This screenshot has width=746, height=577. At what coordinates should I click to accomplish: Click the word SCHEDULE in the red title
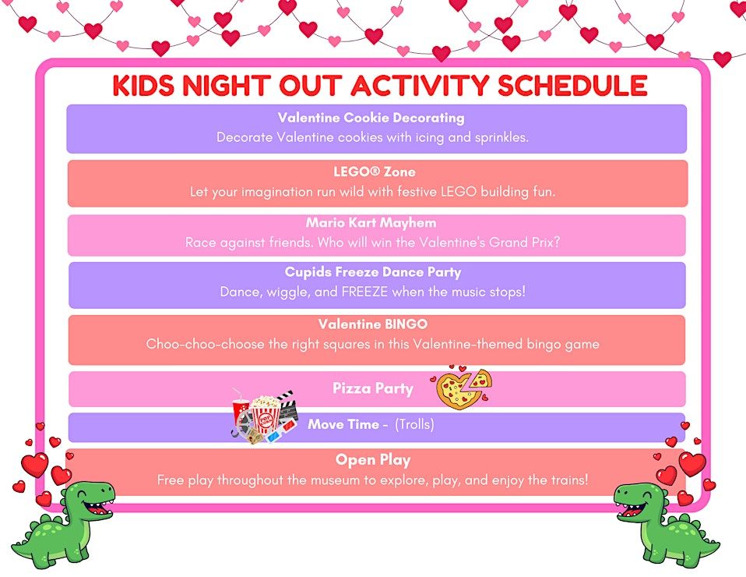pos(572,85)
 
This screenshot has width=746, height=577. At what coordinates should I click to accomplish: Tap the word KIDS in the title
pos(143,85)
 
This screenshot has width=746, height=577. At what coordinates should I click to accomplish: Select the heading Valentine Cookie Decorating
pos(371,118)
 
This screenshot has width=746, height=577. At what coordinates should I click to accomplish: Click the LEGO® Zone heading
pos(375,172)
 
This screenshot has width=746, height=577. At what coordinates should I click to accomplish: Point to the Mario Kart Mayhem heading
pos(371,222)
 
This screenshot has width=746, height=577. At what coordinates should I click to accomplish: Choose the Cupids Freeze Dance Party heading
pos(373,272)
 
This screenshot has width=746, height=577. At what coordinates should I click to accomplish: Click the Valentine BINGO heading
pos(373,324)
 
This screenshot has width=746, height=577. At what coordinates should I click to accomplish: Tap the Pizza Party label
pos(373,388)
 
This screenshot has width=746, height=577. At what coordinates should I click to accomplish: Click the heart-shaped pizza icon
pos(462,387)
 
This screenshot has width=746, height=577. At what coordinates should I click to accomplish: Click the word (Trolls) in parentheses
pos(414,424)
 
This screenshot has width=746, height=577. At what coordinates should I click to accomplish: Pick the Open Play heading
pos(373,460)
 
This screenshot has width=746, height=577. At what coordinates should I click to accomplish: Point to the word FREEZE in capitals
pos(364,292)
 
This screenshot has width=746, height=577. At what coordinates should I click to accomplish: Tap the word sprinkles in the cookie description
pos(502,138)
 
